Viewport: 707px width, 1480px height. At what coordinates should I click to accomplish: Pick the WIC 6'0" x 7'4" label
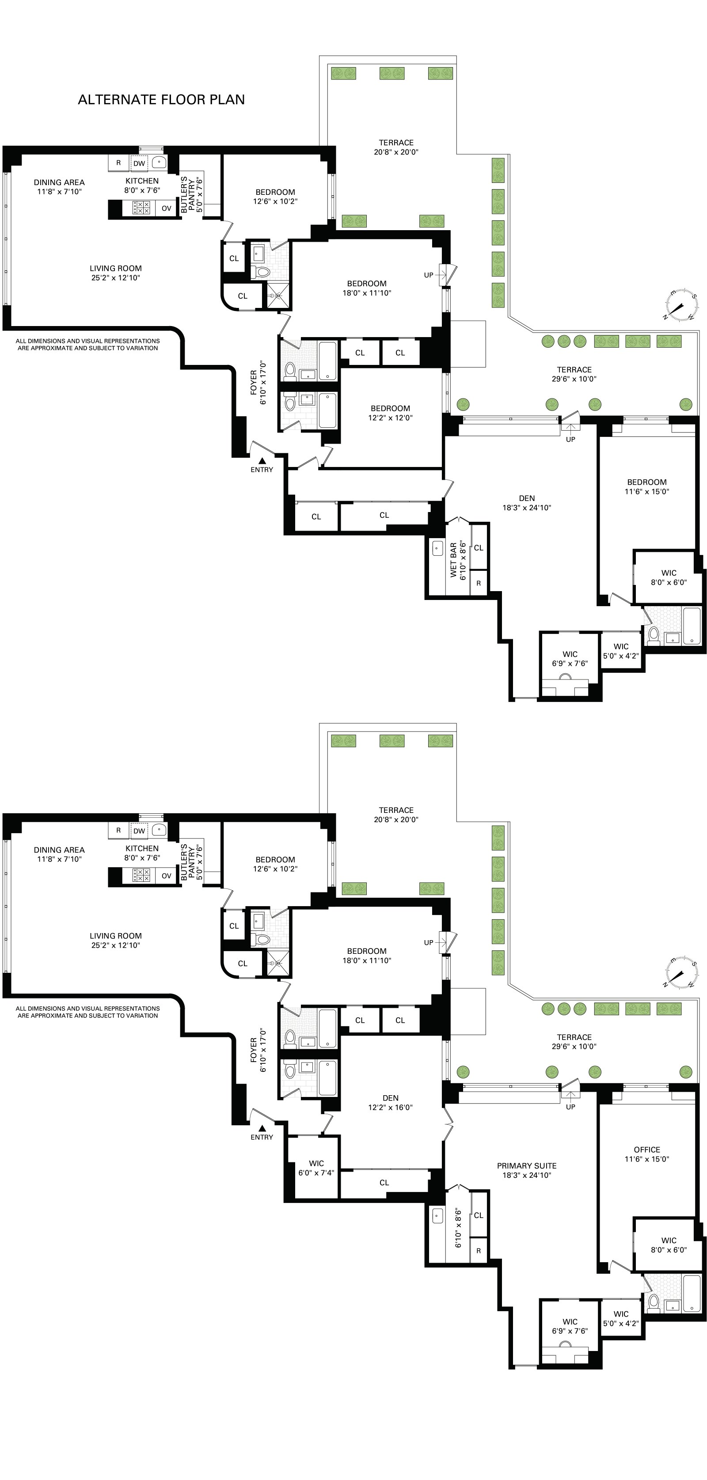[316, 1168]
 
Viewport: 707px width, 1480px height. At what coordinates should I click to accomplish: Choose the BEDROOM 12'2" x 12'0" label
[390, 413]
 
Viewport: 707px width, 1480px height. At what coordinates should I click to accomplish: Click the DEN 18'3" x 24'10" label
[527, 503]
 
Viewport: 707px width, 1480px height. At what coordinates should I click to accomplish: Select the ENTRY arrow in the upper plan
[262, 460]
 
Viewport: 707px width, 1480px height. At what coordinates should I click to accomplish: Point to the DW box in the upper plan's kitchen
[139, 163]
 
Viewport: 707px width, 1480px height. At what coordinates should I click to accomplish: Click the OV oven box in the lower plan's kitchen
[166, 876]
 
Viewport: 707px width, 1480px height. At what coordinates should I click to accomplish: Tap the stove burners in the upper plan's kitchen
[141, 208]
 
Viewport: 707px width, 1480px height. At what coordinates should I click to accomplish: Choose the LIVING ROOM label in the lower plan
[115, 941]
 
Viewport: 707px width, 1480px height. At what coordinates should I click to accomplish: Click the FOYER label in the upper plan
[258, 382]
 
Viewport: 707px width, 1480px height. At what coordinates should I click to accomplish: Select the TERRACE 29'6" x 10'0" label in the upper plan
[574, 374]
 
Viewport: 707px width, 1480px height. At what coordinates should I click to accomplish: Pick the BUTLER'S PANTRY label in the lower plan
[191, 863]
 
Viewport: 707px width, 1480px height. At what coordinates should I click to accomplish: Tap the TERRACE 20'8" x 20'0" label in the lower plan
[396, 815]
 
